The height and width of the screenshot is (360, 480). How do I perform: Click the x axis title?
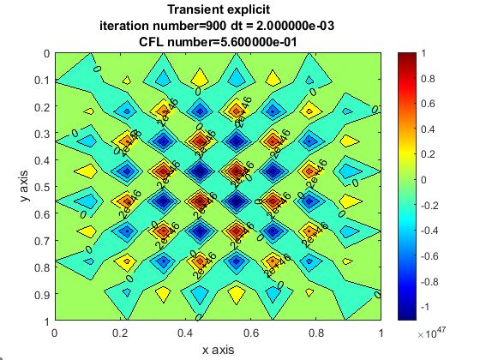218,349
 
